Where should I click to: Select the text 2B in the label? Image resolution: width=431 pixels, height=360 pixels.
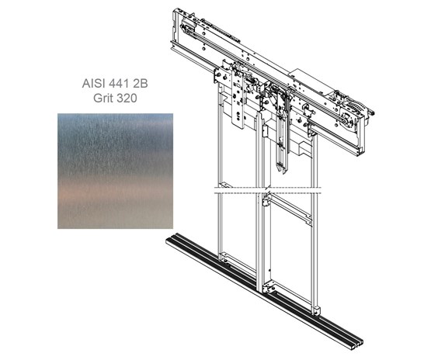[x=141, y=84]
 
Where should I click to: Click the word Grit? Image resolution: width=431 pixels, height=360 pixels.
[x=103, y=98]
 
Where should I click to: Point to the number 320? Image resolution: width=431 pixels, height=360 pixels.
[x=127, y=98]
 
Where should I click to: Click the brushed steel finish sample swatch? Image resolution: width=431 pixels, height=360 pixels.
[x=115, y=171]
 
